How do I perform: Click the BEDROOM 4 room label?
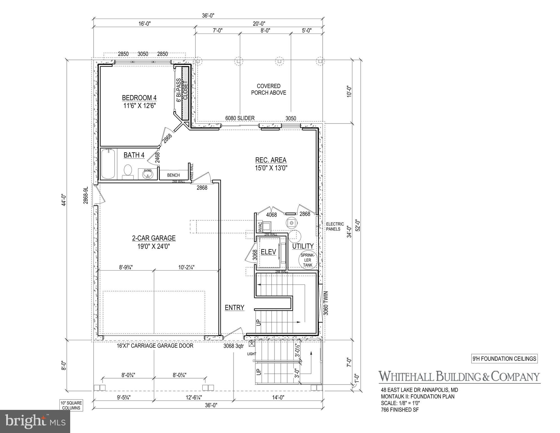click(x=139, y=98)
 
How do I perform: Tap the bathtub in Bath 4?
click(x=108, y=164)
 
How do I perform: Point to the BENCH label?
click(x=173, y=175)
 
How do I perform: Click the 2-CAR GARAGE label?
click(x=154, y=238)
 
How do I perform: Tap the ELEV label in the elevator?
click(x=268, y=252)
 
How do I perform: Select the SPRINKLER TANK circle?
click(x=307, y=260)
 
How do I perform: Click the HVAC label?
click(x=260, y=227)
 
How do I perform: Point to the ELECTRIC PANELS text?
click(x=335, y=227)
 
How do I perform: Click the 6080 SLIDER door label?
click(x=240, y=118)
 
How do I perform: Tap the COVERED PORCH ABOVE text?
click(x=268, y=89)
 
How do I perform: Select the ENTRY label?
click(x=234, y=307)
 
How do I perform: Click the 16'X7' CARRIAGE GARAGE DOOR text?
click(x=155, y=346)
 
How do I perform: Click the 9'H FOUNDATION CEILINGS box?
click(x=504, y=359)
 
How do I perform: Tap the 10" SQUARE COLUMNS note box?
click(x=71, y=405)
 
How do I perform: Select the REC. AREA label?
click(x=271, y=160)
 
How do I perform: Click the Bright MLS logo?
click(x=35, y=421)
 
